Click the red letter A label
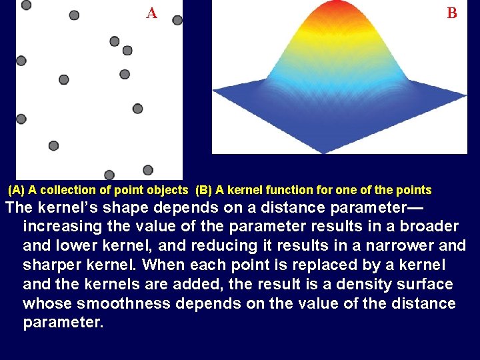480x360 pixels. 152,13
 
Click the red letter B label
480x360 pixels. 452,13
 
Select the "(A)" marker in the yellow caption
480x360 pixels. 17,190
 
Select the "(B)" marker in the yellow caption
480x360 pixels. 204,190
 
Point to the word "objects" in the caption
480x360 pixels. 169,190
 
